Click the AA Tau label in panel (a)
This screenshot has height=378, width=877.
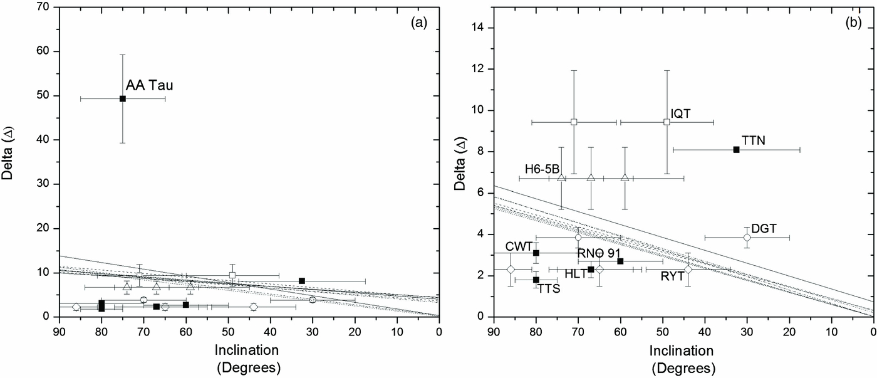tap(150, 85)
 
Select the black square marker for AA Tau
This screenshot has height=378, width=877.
tap(123, 98)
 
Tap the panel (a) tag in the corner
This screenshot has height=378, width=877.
tap(418, 23)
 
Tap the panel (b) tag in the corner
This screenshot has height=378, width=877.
tap(853, 23)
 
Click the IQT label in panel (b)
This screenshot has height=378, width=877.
tap(681, 113)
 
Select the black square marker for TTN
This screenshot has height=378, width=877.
tap(737, 149)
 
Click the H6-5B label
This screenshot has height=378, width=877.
tap(542, 169)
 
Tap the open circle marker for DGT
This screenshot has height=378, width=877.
tap(747, 237)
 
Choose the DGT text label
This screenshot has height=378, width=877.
tap(764, 229)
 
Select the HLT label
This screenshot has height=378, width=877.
tap(575, 274)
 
